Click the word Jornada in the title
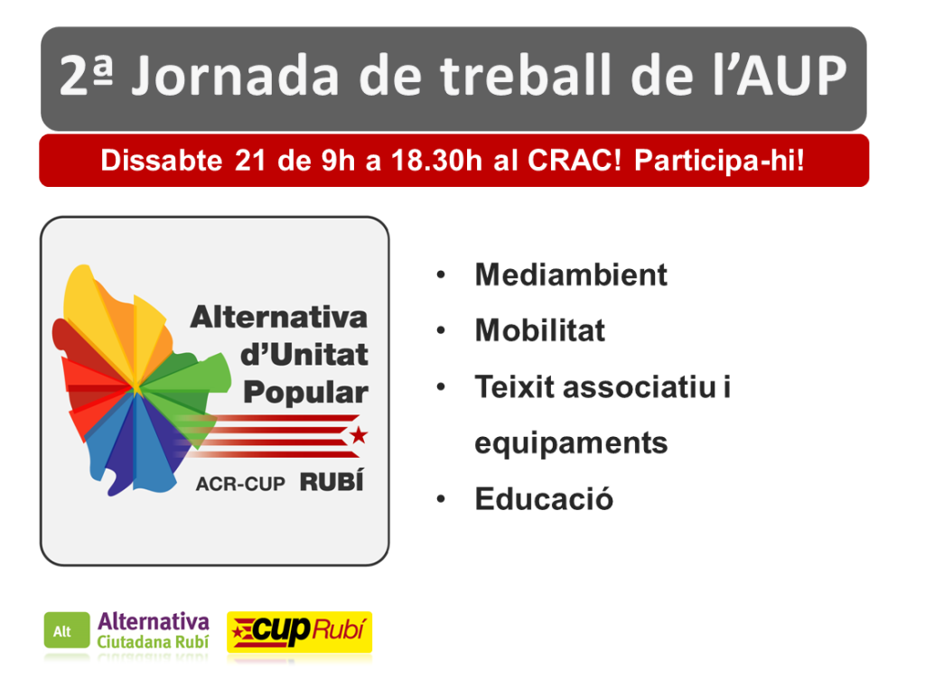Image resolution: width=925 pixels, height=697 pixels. pos(236,76)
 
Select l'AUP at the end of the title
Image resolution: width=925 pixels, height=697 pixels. pos(780,75)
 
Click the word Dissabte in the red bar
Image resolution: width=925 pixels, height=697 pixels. pos(161,161)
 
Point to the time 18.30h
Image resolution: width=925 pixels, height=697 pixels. pos(436,161)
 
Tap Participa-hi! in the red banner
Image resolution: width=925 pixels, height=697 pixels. pos(719,161)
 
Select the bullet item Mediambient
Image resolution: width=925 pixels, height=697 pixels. pos(571,274)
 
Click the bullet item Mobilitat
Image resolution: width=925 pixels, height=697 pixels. pos(540,330)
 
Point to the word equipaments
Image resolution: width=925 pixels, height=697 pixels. pos(571,443)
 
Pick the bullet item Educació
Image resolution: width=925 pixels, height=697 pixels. pos(544,499)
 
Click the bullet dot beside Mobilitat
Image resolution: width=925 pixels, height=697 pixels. pos(441,330)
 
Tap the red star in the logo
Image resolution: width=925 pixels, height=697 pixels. pos(358,436)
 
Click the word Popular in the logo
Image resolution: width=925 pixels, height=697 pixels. pos(305,393)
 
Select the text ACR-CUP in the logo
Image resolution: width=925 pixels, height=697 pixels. pos(240,484)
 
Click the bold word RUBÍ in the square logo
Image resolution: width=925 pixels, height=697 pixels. pos(332,481)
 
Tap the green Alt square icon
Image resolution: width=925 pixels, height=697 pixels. pos(67,630)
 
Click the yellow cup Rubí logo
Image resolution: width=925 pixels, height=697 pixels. pos(300,632)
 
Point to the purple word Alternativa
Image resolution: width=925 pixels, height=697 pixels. pos(154,622)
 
